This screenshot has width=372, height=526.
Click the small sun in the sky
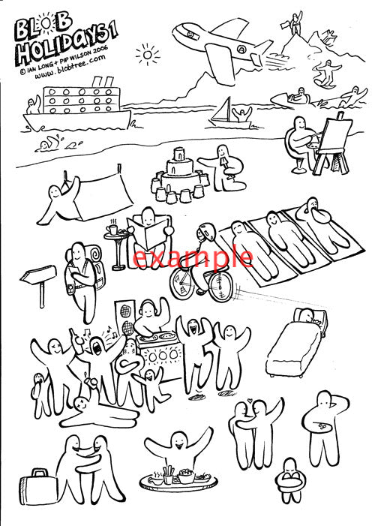[x=147, y=54]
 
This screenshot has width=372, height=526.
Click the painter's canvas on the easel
[x=334, y=135]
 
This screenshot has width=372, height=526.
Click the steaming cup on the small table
[x=113, y=230]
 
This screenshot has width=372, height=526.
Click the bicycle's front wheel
[x=220, y=286]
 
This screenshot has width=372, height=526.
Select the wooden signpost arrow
[x=38, y=274]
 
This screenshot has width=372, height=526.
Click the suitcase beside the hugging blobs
[x=37, y=487]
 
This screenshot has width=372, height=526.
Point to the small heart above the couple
[x=249, y=400]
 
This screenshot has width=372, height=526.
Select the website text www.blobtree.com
[x=70, y=67]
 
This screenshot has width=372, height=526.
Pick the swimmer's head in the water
[x=44, y=146]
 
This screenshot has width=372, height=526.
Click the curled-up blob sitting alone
[x=290, y=480]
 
